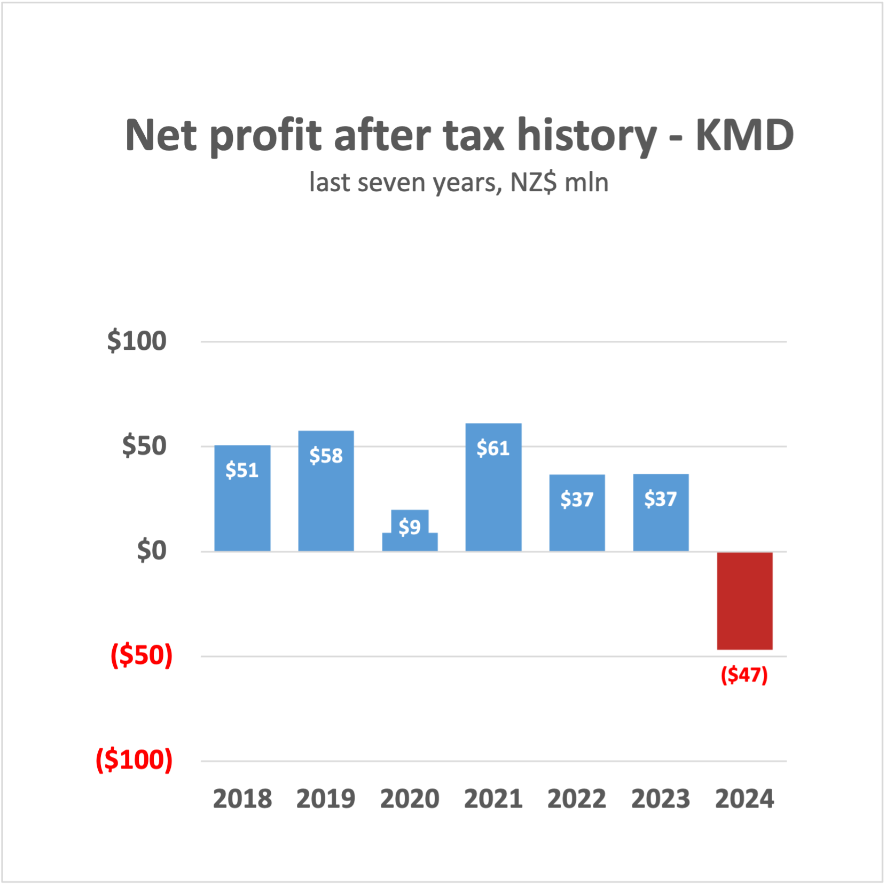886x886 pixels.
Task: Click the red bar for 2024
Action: click(x=744, y=601)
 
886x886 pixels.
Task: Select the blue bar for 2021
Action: click(x=493, y=502)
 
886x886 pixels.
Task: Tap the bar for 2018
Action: click(x=242, y=513)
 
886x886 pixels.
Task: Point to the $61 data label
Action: click(x=493, y=448)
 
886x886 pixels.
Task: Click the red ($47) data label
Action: click(x=744, y=675)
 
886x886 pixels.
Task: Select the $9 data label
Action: click(x=410, y=527)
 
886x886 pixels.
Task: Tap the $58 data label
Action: click(x=326, y=456)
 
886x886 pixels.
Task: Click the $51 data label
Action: click(x=242, y=470)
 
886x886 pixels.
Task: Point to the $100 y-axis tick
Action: click(x=137, y=341)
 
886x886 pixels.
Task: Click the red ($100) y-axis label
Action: click(x=134, y=759)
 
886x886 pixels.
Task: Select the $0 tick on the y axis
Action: click(x=152, y=550)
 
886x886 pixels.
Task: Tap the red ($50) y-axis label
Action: click(x=142, y=655)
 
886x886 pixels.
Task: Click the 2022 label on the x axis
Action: click(x=577, y=799)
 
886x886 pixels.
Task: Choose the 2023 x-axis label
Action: click(x=661, y=799)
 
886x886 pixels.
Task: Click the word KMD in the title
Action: click(x=744, y=136)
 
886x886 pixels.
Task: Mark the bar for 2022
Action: click(x=577, y=513)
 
